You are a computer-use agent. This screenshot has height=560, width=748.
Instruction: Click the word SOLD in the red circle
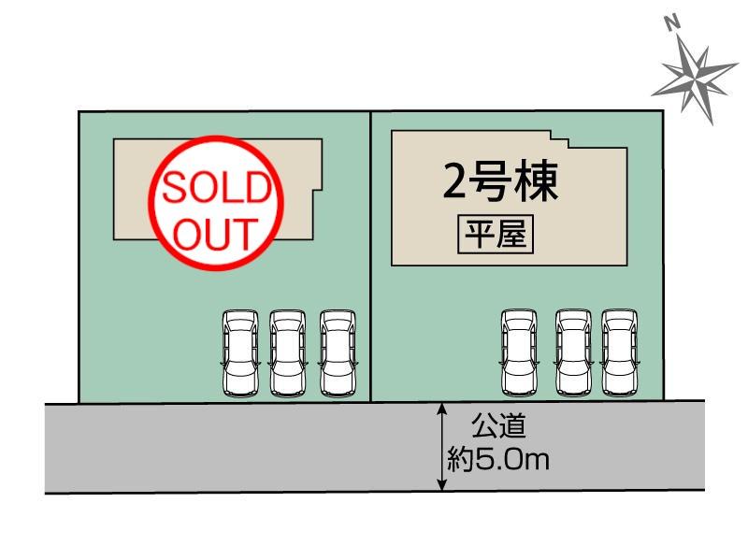click(x=215, y=190)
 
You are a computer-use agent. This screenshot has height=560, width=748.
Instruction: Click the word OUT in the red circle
click(x=215, y=232)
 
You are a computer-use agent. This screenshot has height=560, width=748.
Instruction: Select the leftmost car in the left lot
click(x=239, y=352)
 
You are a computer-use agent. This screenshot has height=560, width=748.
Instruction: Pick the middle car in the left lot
click(x=287, y=352)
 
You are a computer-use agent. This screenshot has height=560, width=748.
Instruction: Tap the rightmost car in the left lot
click(x=337, y=352)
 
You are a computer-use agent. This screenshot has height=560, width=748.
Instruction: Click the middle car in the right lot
click(x=572, y=352)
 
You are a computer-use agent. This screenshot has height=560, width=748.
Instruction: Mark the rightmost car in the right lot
click(x=619, y=352)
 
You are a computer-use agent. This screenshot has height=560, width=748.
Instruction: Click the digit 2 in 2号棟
click(x=454, y=182)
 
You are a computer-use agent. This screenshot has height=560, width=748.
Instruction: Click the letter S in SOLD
click(x=175, y=190)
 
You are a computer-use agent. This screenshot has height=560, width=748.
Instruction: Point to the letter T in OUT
click(x=245, y=232)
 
